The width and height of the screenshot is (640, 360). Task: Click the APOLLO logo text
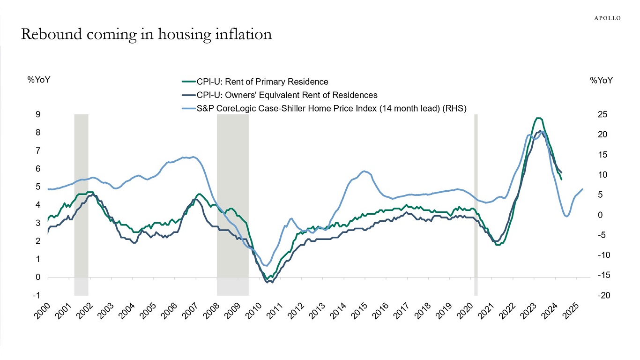(x=607, y=18)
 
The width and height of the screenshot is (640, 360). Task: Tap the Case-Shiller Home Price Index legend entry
(x=330, y=108)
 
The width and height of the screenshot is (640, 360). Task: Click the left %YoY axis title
(x=39, y=80)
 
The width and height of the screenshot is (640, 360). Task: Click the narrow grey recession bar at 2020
(x=476, y=205)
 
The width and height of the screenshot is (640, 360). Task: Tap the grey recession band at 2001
(x=81, y=205)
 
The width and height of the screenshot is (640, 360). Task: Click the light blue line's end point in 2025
(x=582, y=189)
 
